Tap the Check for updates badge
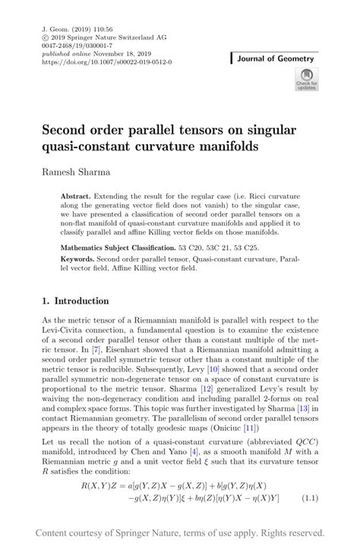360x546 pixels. [x=307, y=79]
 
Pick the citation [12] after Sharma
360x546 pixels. [x=225, y=390]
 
